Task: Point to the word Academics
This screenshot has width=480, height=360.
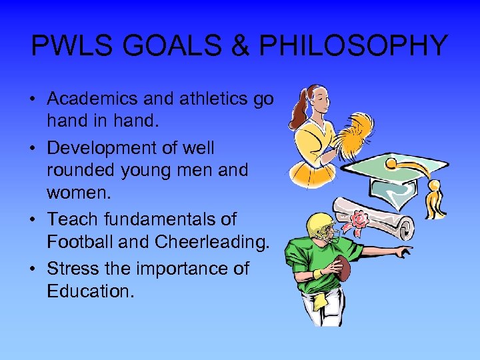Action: point(92,99)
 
